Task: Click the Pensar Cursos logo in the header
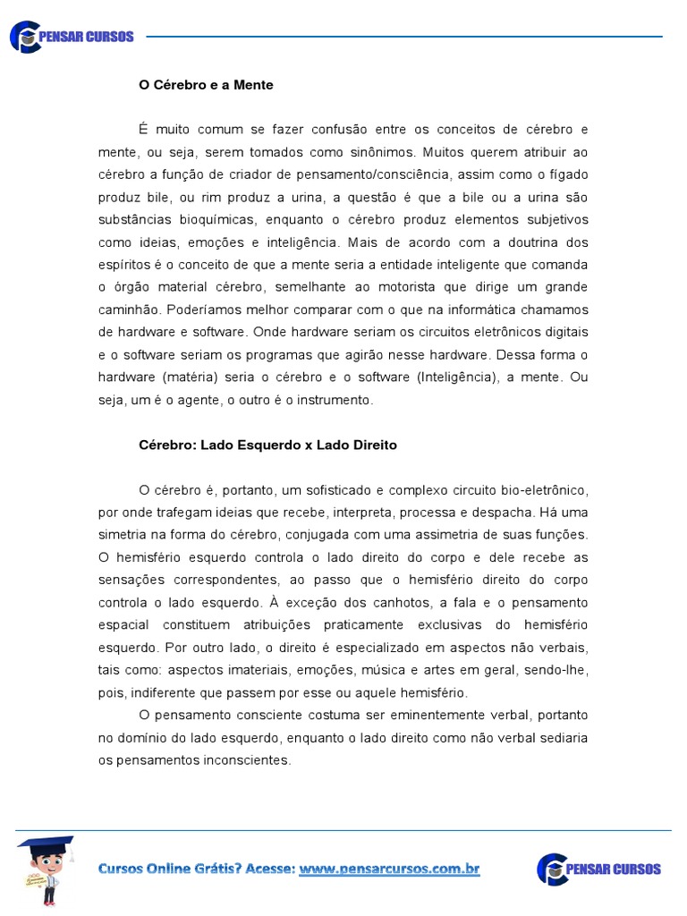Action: click(x=72, y=37)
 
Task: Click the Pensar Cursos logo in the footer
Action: click(x=598, y=869)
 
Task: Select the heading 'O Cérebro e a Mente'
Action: click(x=206, y=85)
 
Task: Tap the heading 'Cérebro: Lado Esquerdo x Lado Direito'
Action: click(x=267, y=445)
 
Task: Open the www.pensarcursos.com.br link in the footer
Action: click(x=389, y=869)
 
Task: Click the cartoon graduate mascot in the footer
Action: click(x=46, y=869)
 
